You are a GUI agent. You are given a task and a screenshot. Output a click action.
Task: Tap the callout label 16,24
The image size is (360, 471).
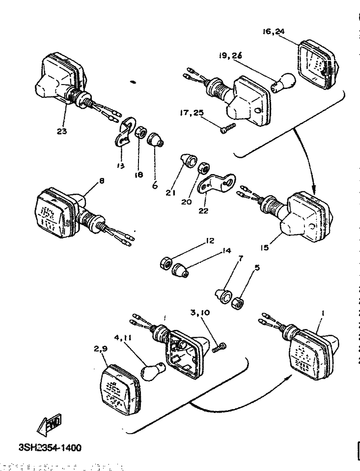coord(274,31)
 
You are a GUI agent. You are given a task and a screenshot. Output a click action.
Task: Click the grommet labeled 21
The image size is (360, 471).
coord(188,160)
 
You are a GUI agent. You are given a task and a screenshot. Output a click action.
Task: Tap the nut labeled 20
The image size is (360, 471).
coord(202,170)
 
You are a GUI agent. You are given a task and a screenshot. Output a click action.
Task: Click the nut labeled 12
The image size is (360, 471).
coord(165,264)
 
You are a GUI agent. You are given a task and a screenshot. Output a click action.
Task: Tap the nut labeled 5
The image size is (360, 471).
coord(238,302)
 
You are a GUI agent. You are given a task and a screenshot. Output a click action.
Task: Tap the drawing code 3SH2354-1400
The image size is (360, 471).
coord(50,448)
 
